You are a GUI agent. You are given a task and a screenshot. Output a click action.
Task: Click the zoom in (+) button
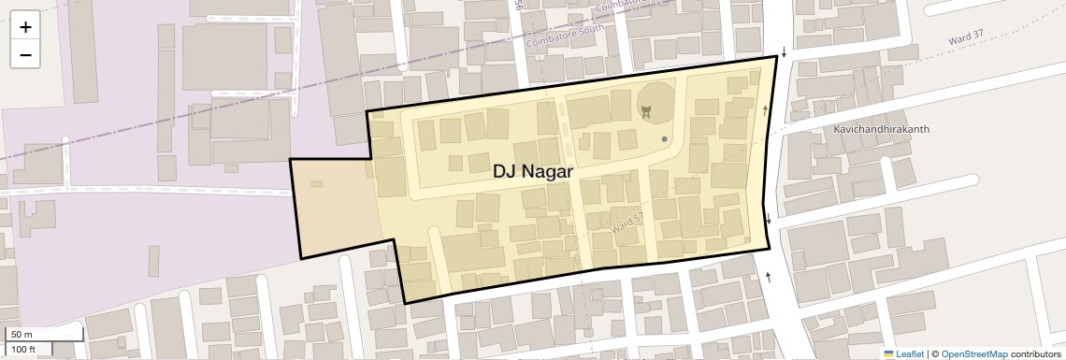pos(25,27)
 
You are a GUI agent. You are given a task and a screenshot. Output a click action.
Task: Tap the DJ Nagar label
pos(532,172)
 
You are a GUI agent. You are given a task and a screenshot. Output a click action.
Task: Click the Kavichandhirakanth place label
pos(882,130)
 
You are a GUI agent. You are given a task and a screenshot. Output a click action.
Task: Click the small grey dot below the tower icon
pos(665,139)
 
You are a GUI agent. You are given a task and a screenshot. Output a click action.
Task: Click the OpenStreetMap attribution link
pos(973,353)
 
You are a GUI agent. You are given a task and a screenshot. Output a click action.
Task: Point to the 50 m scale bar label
pos(22,335)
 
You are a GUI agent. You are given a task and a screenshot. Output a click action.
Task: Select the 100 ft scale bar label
pos(23,350)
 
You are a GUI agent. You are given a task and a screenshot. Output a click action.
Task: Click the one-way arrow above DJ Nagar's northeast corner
pos(784,52)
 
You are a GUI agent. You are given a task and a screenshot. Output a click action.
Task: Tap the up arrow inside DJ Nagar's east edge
pos(765,111)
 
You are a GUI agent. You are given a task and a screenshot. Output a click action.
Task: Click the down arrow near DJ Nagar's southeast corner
pos(769,220)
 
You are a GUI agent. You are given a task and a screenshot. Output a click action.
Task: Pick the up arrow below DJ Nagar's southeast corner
pos(769,276)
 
